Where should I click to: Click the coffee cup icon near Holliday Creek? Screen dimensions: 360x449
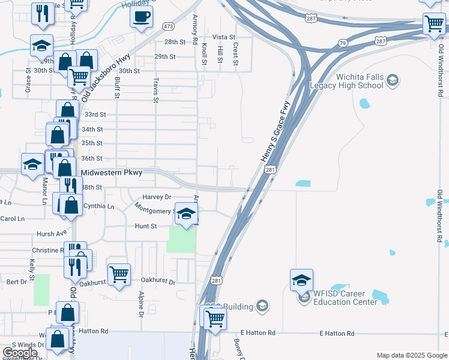(x=141, y=17)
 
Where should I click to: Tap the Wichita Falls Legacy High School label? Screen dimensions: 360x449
(x=346, y=82)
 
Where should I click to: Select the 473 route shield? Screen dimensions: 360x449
(x=168, y=26)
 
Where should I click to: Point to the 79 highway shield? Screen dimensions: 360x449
(x=342, y=43)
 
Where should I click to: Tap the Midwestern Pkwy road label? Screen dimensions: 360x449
(x=112, y=173)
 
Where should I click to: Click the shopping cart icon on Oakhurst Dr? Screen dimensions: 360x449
(x=119, y=275)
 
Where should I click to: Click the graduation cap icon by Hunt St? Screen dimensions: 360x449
(x=186, y=214)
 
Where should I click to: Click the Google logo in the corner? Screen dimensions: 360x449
(x=20, y=352)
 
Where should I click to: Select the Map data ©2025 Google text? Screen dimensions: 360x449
(x=411, y=355)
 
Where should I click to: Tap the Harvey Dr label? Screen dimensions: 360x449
(x=157, y=197)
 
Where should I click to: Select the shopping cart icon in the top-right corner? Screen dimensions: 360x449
(x=434, y=25)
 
